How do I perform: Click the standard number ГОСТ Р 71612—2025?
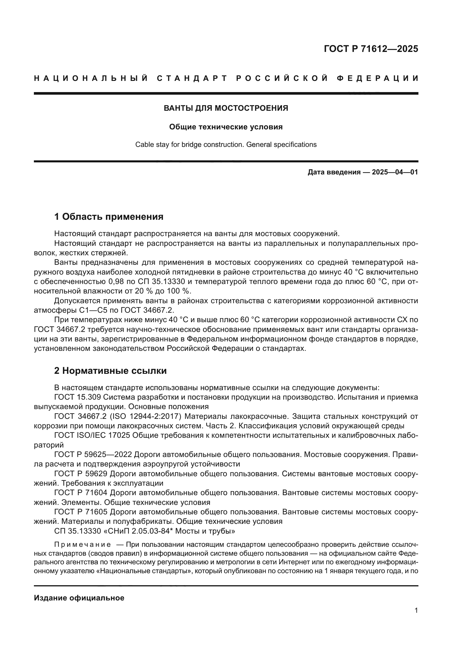tap(371, 49)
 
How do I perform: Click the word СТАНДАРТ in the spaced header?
tap(192, 78)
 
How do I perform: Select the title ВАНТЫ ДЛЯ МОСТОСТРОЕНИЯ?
tap(226, 108)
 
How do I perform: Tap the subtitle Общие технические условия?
tap(226, 127)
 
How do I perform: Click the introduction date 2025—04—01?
tap(395, 172)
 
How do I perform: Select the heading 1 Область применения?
tap(109, 217)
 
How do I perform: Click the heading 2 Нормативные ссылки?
tap(110, 371)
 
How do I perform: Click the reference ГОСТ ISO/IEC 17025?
tap(92, 435)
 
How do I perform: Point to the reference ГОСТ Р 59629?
tap(81, 473)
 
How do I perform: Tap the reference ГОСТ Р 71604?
tap(81, 493)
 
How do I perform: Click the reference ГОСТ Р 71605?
tap(81, 512)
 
